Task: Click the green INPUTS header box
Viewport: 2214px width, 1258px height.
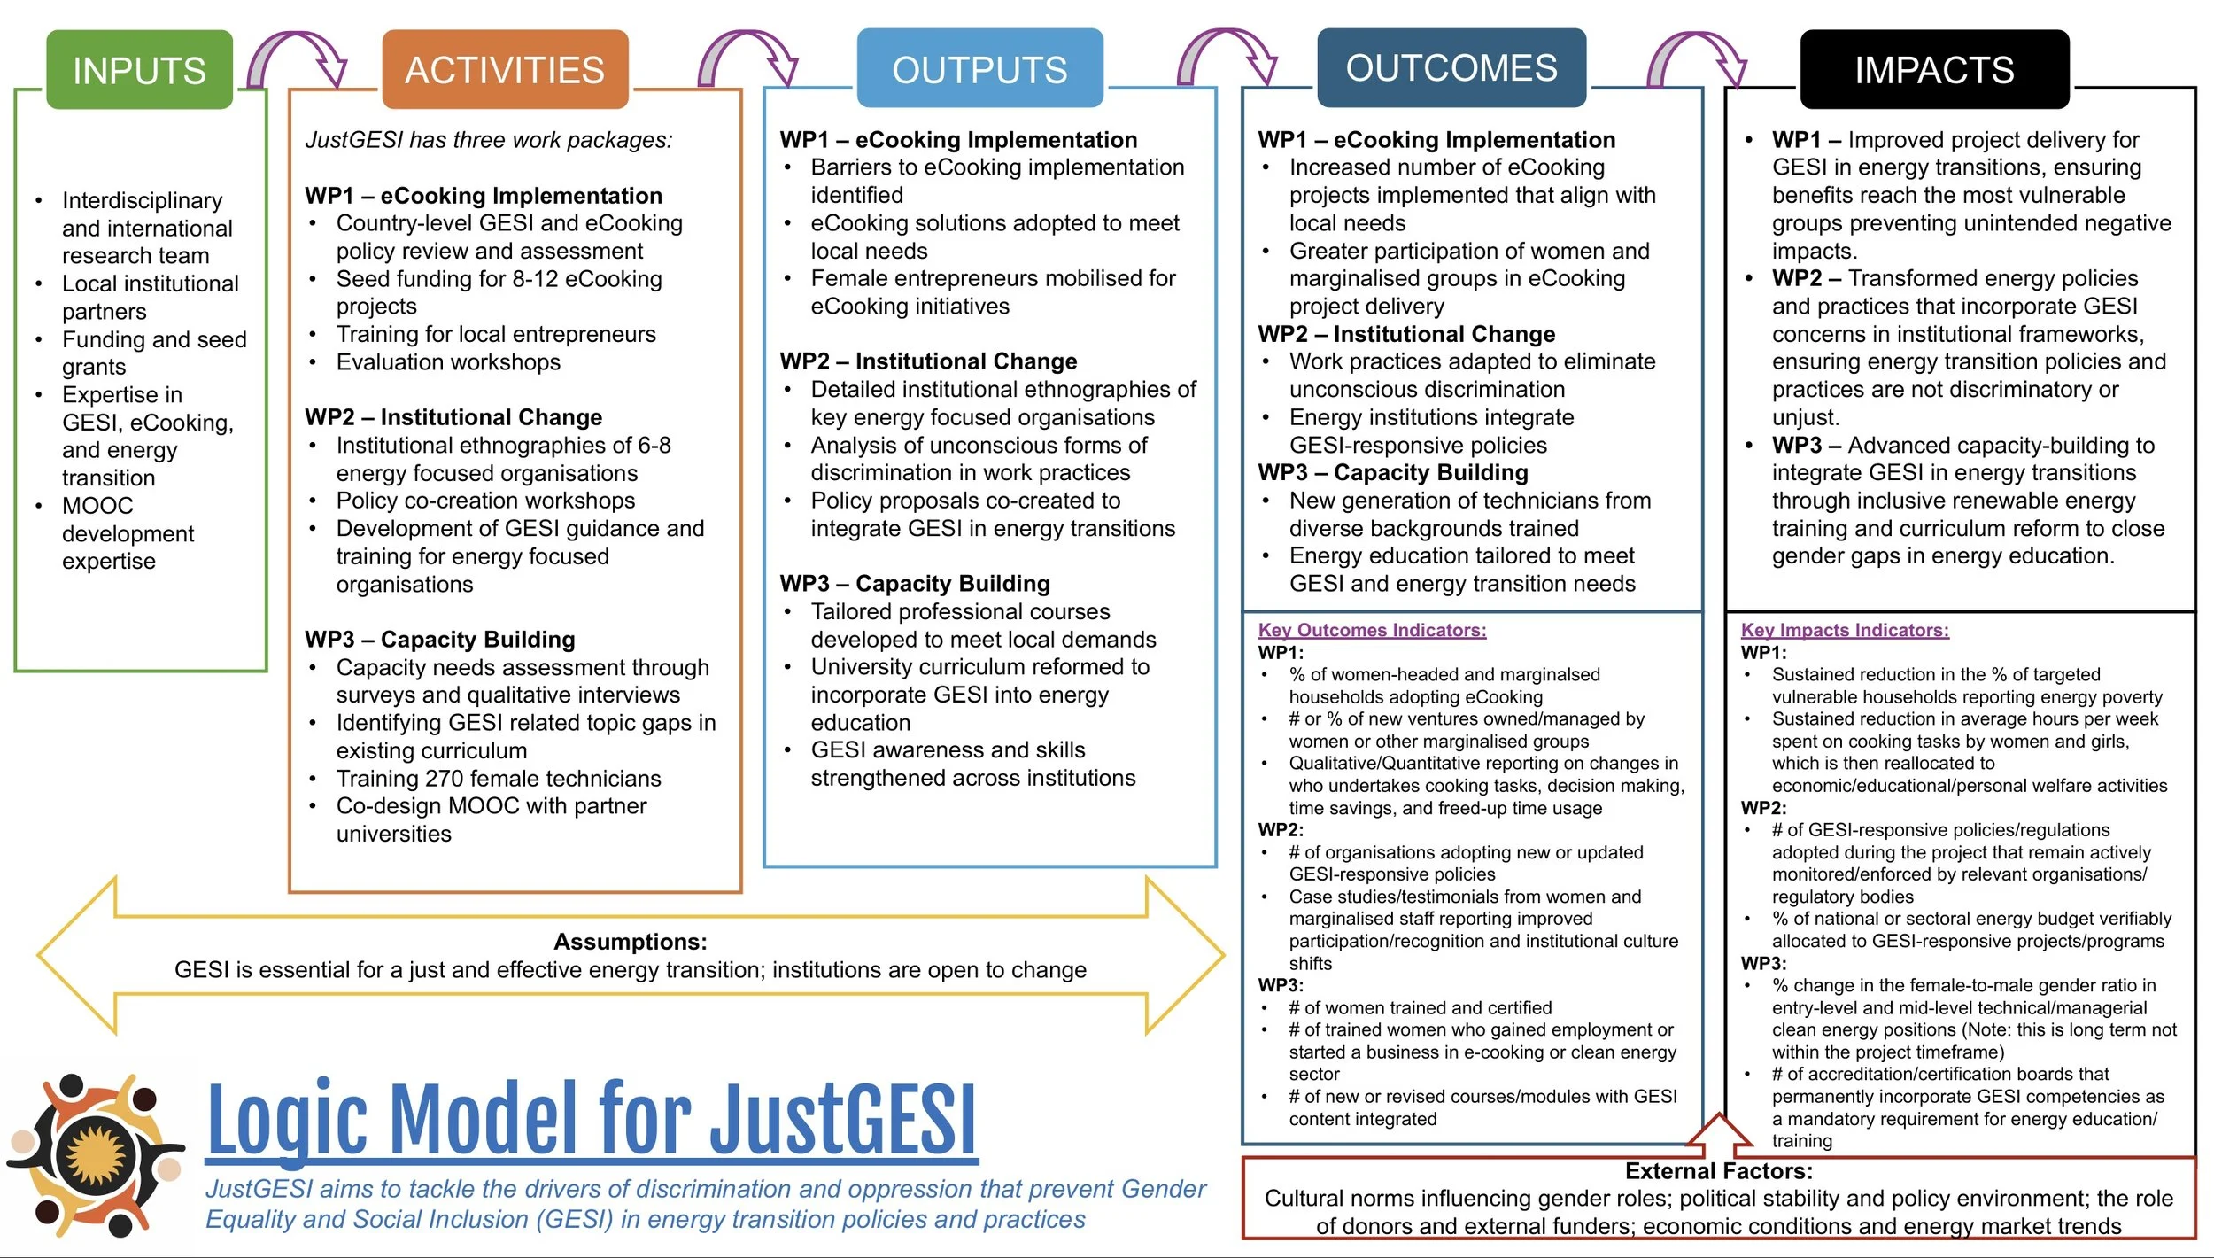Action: (x=139, y=70)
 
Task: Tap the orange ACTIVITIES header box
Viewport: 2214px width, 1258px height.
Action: (x=505, y=70)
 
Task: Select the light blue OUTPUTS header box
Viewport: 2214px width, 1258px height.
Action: (x=979, y=69)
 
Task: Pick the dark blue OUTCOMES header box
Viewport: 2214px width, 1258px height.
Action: (x=1451, y=68)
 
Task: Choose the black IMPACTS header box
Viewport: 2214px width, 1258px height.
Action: (x=1934, y=70)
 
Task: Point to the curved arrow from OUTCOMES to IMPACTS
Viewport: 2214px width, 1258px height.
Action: (x=1697, y=58)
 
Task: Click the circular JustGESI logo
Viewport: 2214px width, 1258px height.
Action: (x=96, y=1155)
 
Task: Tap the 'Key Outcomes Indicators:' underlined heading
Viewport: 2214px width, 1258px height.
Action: (x=1372, y=630)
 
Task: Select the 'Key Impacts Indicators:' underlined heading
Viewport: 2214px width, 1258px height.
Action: (x=1845, y=630)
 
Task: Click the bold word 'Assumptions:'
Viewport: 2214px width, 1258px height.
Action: (x=630, y=942)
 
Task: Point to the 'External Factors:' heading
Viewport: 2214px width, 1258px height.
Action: (x=1718, y=1171)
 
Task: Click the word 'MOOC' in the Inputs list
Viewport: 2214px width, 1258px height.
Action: (x=97, y=506)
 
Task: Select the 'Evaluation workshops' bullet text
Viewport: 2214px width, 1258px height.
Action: (x=448, y=362)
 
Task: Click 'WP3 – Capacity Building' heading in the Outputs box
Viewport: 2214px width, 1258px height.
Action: (x=915, y=584)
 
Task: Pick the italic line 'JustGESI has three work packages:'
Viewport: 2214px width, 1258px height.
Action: (x=489, y=140)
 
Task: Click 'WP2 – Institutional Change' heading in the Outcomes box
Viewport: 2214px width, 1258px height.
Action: (x=1406, y=334)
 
